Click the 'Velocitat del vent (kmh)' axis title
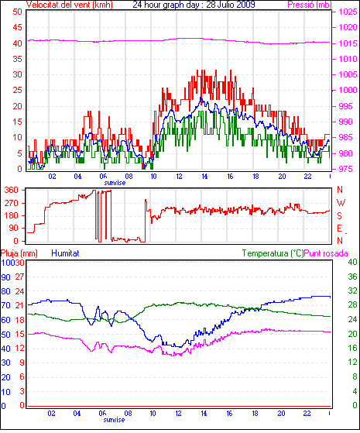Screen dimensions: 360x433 coord(70,5)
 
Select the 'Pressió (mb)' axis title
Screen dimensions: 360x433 coord(310,5)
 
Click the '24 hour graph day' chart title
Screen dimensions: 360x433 coord(166,5)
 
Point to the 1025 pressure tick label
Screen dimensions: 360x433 coord(348,12)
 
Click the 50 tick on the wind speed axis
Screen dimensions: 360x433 coord(17,12)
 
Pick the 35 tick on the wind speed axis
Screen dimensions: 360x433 coord(17,59)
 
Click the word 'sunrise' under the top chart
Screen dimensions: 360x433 coord(115,183)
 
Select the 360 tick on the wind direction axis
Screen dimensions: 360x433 coord(11,190)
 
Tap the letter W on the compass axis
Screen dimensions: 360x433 coord(341,203)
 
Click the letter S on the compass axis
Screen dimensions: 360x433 coord(340,215)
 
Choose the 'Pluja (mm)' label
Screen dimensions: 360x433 coord(19,253)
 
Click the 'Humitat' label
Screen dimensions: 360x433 coord(66,253)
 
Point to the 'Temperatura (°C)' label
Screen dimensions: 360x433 coord(273,253)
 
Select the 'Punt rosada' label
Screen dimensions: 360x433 coord(326,253)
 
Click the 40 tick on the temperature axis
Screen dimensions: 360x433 coord(352,262)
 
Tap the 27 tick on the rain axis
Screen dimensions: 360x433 coord(19,277)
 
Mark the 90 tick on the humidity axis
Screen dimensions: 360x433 coord(5,277)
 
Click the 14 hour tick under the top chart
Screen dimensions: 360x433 coord(204,176)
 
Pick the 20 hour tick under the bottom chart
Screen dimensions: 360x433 coord(281,414)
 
